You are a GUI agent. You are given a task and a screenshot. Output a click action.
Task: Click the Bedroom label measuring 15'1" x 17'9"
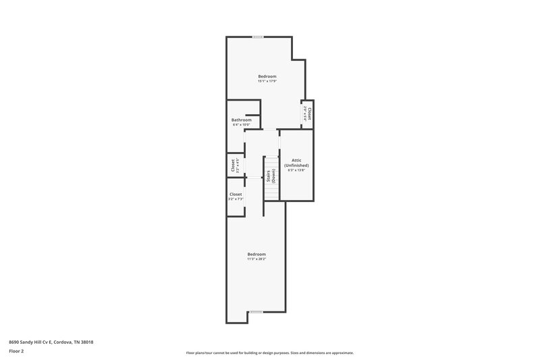tap(267, 76)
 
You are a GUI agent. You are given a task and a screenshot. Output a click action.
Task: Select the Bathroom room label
tap(242, 120)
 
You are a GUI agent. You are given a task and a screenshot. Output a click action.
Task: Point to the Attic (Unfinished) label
tap(296, 163)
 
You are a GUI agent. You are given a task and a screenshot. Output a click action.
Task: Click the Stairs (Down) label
tap(271, 176)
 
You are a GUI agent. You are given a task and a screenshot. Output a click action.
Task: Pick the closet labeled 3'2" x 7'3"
tap(236, 194)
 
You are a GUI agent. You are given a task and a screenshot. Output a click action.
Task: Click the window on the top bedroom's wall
tap(258, 36)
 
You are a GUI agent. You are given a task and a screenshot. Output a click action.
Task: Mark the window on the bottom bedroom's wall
tap(256, 311)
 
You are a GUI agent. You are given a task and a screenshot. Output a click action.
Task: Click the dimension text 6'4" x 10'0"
tap(242, 125)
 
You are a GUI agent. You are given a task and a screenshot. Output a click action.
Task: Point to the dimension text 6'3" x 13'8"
tap(296, 170)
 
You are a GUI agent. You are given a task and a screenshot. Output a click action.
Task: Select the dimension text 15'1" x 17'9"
tap(267, 82)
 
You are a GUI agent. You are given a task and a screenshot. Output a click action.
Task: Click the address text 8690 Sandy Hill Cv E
tap(32, 342)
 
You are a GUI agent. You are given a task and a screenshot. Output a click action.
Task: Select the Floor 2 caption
tap(17, 351)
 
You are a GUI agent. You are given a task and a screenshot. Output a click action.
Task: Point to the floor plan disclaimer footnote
tap(269, 353)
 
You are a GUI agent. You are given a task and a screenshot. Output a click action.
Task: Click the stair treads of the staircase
tap(271, 192)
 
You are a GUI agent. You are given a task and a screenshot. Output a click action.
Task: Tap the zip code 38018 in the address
tap(86, 342)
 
